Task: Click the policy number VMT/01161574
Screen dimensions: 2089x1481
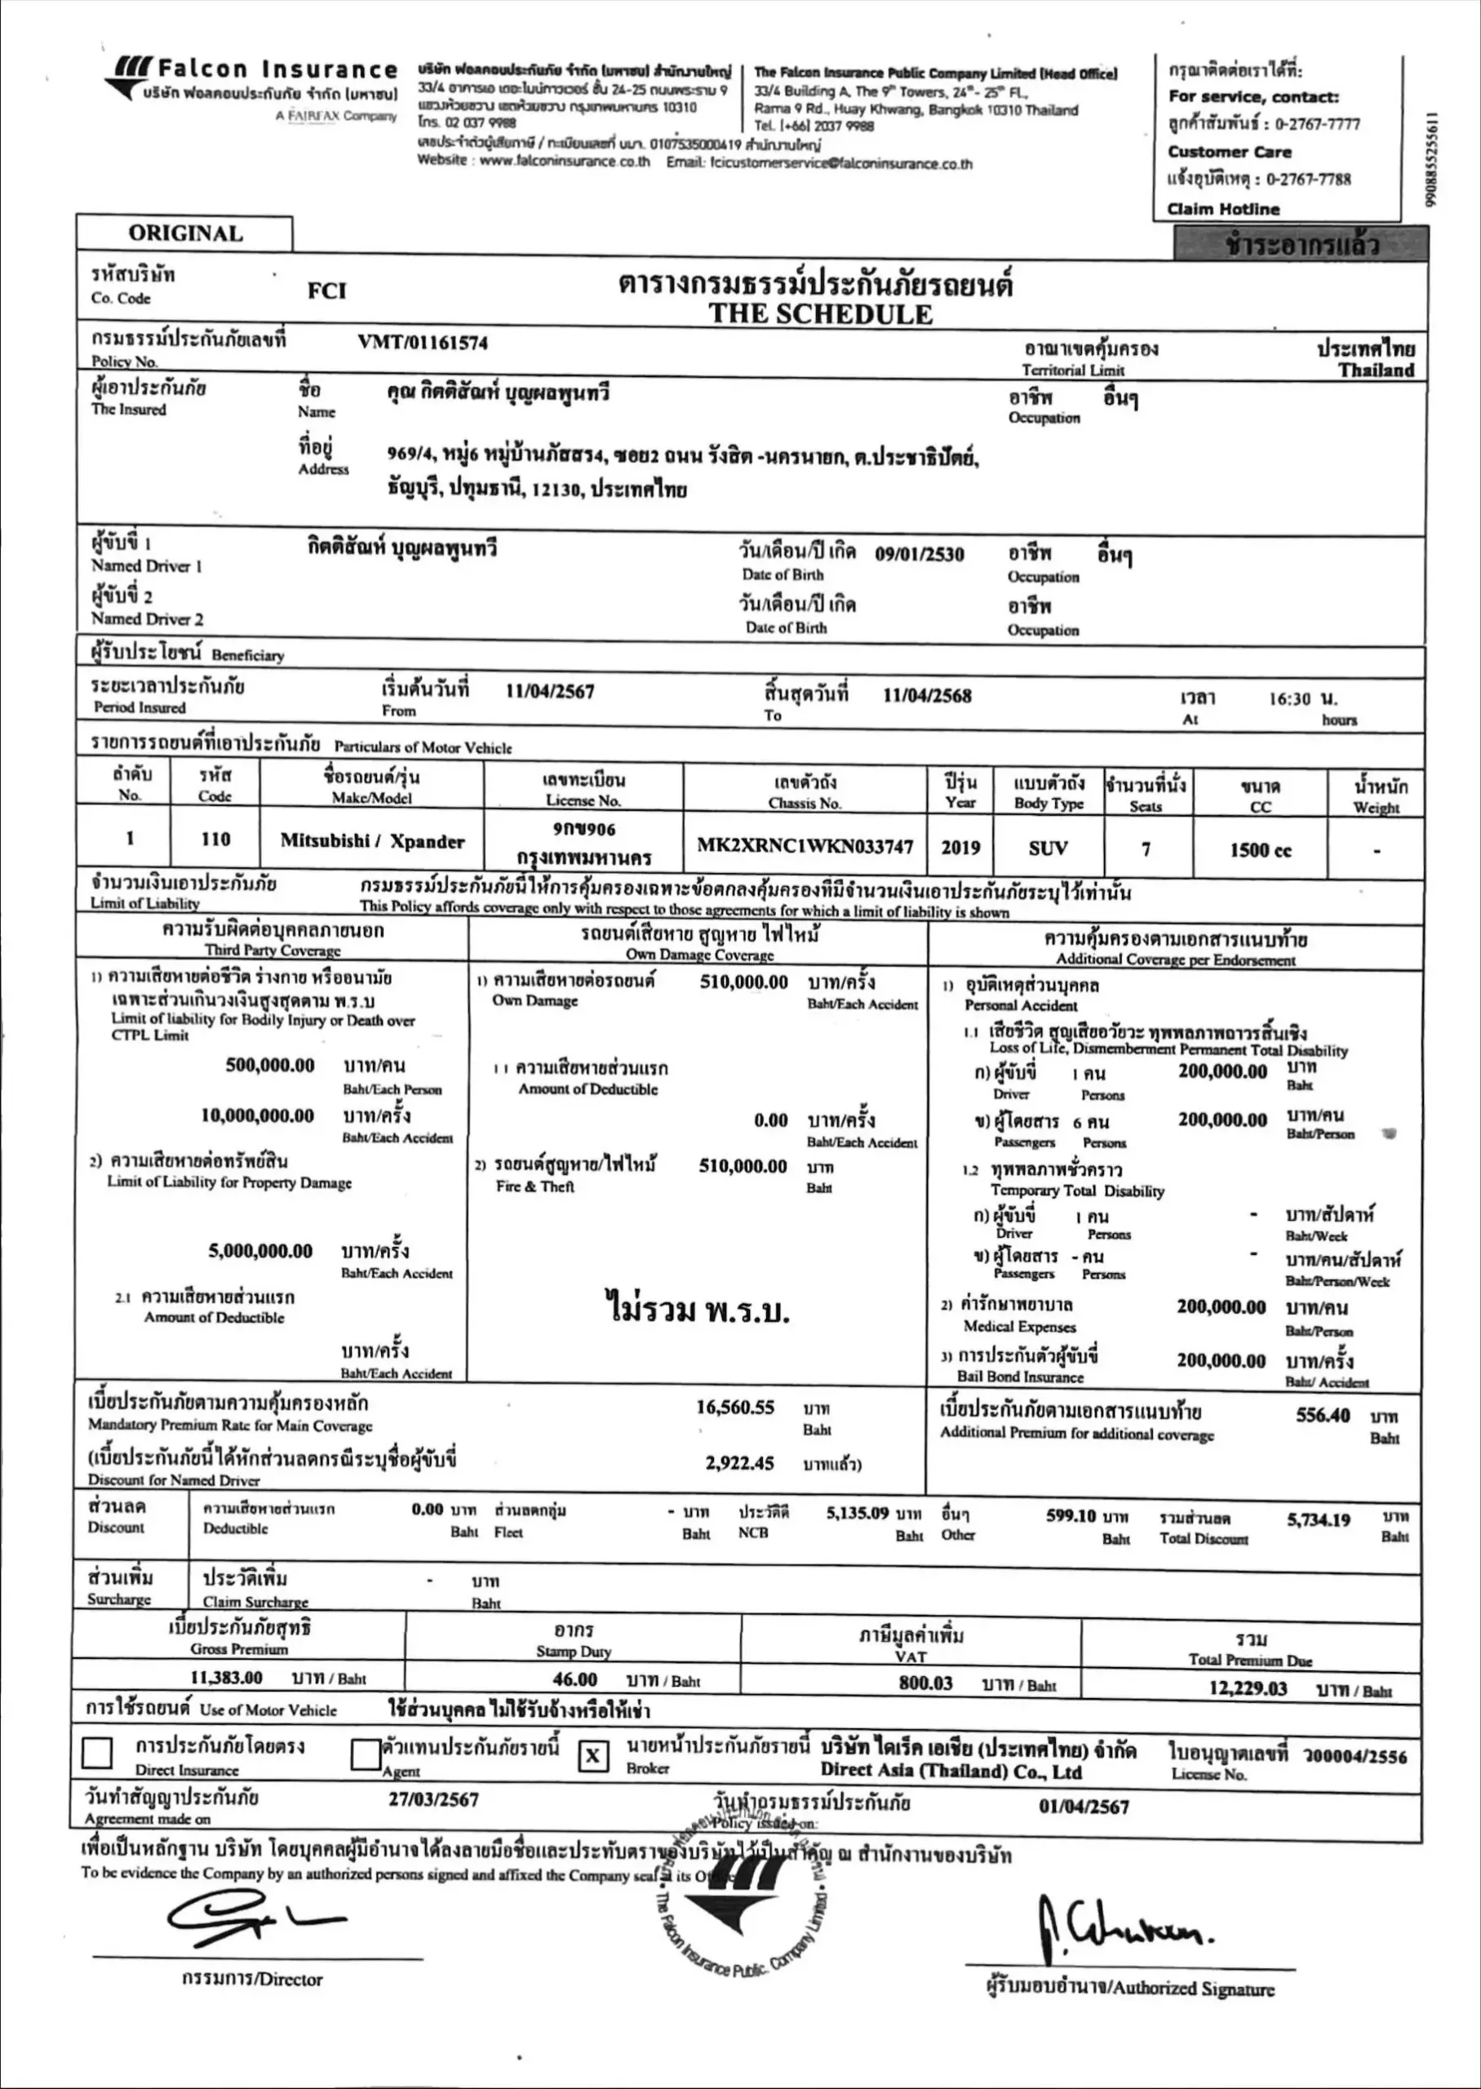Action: pos(422,343)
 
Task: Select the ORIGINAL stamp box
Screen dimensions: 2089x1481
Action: pos(185,233)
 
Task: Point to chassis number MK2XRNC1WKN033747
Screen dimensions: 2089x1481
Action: pos(805,846)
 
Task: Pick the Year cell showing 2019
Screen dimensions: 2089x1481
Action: pos(960,847)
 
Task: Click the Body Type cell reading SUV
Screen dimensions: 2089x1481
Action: pos(1048,848)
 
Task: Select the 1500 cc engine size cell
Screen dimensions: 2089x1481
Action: pos(1261,849)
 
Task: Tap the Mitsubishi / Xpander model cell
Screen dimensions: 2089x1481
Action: pos(372,840)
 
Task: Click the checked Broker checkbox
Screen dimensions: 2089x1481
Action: pos(592,1755)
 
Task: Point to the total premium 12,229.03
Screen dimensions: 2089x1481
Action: pos(1248,1688)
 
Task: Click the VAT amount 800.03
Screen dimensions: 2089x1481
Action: pos(925,1683)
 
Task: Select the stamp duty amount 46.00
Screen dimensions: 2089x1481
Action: pos(574,1679)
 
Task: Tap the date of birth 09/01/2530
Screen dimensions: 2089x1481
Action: pos(920,553)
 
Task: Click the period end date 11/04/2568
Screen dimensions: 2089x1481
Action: pos(926,696)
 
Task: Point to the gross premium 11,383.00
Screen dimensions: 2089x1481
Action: pos(226,1678)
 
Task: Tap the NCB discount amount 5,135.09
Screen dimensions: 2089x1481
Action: pos(858,1514)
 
